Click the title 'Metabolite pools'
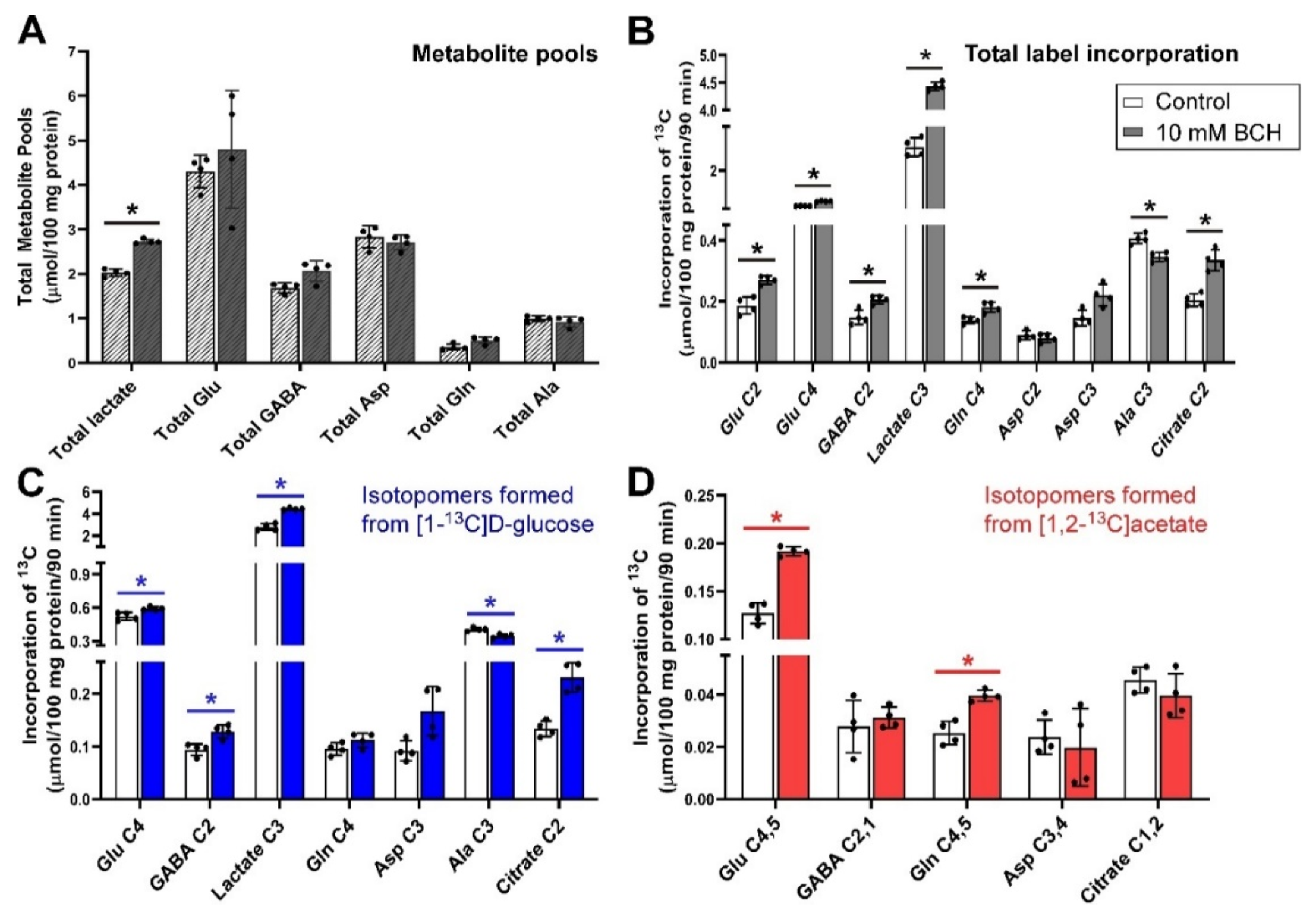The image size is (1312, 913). (x=505, y=54)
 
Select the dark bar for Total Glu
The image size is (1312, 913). (x=232, y=259)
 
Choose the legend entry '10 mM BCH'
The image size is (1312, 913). (x=1218, y=133)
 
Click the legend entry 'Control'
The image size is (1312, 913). (x=1192, y=102)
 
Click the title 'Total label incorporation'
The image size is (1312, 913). (x=1101, y=54)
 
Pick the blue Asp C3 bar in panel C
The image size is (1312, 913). (x=432, y=757)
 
